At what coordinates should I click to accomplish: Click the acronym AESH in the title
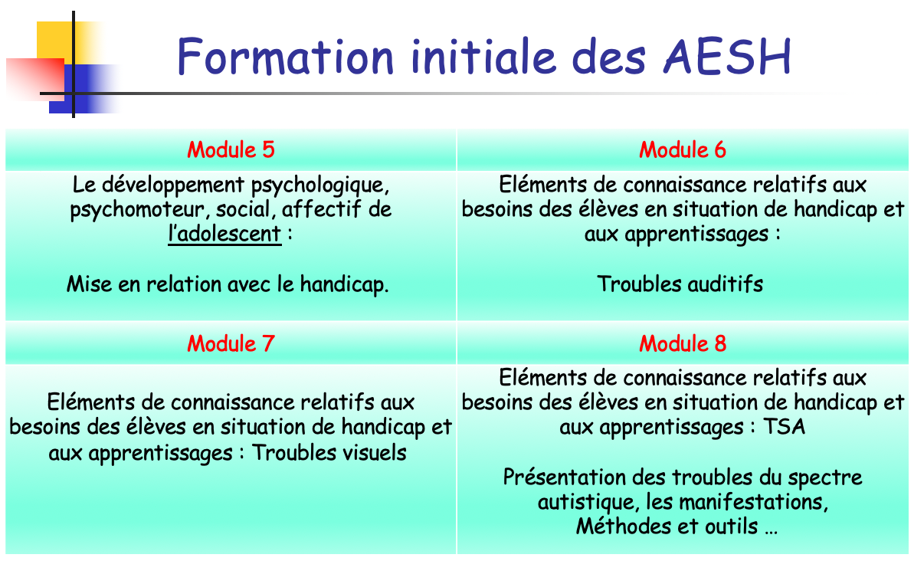click(x=727, y=57)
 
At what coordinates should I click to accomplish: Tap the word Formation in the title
click(x=286, y=57)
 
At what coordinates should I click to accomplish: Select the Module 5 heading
click(x=231, y=149)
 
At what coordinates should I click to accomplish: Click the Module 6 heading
click(x=683, y=149)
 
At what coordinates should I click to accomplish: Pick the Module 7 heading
click(x=231, y=343)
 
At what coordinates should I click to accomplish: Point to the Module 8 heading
click(x=683, y=343)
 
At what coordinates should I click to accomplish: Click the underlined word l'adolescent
click(x=224, y=234)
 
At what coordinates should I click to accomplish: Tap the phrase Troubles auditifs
click(x=680, y=284)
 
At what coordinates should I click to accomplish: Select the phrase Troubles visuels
click(x=329, y=453)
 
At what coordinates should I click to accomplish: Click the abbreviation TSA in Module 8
click(x=784, y=427)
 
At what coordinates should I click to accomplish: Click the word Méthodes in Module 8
click(x=624, y=527)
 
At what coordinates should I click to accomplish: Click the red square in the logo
click(x=35, y=79)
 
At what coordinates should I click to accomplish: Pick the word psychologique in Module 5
click(x=320, y=185)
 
